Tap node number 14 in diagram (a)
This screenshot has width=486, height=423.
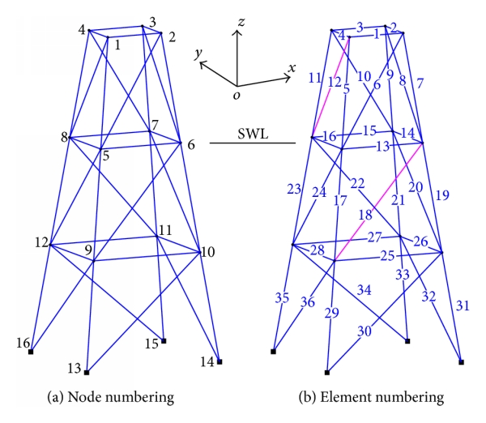[x=207, y=361]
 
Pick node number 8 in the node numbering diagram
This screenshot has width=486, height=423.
[x=63, y=137]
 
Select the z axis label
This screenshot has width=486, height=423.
[x=241, y=27]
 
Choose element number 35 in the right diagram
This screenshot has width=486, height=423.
[x=281, y=298]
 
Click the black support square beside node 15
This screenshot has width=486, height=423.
[x=164, y=341]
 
